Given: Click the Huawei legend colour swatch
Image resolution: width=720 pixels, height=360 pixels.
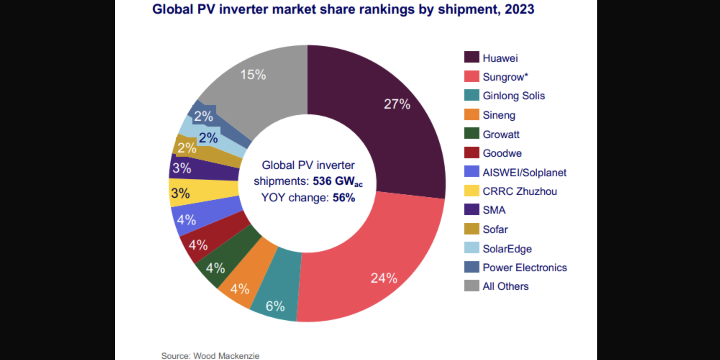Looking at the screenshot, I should click(x=471, y=58).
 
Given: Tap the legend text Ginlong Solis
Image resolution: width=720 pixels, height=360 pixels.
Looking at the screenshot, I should click(x=514, y=96).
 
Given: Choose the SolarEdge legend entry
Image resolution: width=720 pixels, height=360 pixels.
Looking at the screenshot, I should click(x=507, y=249).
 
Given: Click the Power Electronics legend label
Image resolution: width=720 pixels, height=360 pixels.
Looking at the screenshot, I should click(x=524, y=268).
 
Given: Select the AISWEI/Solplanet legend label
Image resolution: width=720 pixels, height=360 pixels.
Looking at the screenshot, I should click(x=524, y=173).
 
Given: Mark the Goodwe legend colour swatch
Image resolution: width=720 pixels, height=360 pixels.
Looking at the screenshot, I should click(x=471, y=153).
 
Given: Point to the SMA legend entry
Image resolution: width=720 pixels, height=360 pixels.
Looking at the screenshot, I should click(x=494, y=210).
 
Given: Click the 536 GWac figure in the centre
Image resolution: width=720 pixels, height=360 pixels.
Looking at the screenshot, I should click(x=338, y=181).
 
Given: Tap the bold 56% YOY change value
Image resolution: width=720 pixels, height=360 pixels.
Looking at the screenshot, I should click(x=344, y=198).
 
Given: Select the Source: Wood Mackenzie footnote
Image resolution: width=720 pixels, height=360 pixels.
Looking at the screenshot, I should click(x=210, y=356).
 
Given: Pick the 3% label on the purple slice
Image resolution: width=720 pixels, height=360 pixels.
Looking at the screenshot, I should click(x=182, y=168).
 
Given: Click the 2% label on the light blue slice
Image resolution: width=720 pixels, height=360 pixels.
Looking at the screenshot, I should click(x=208, y=138).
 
